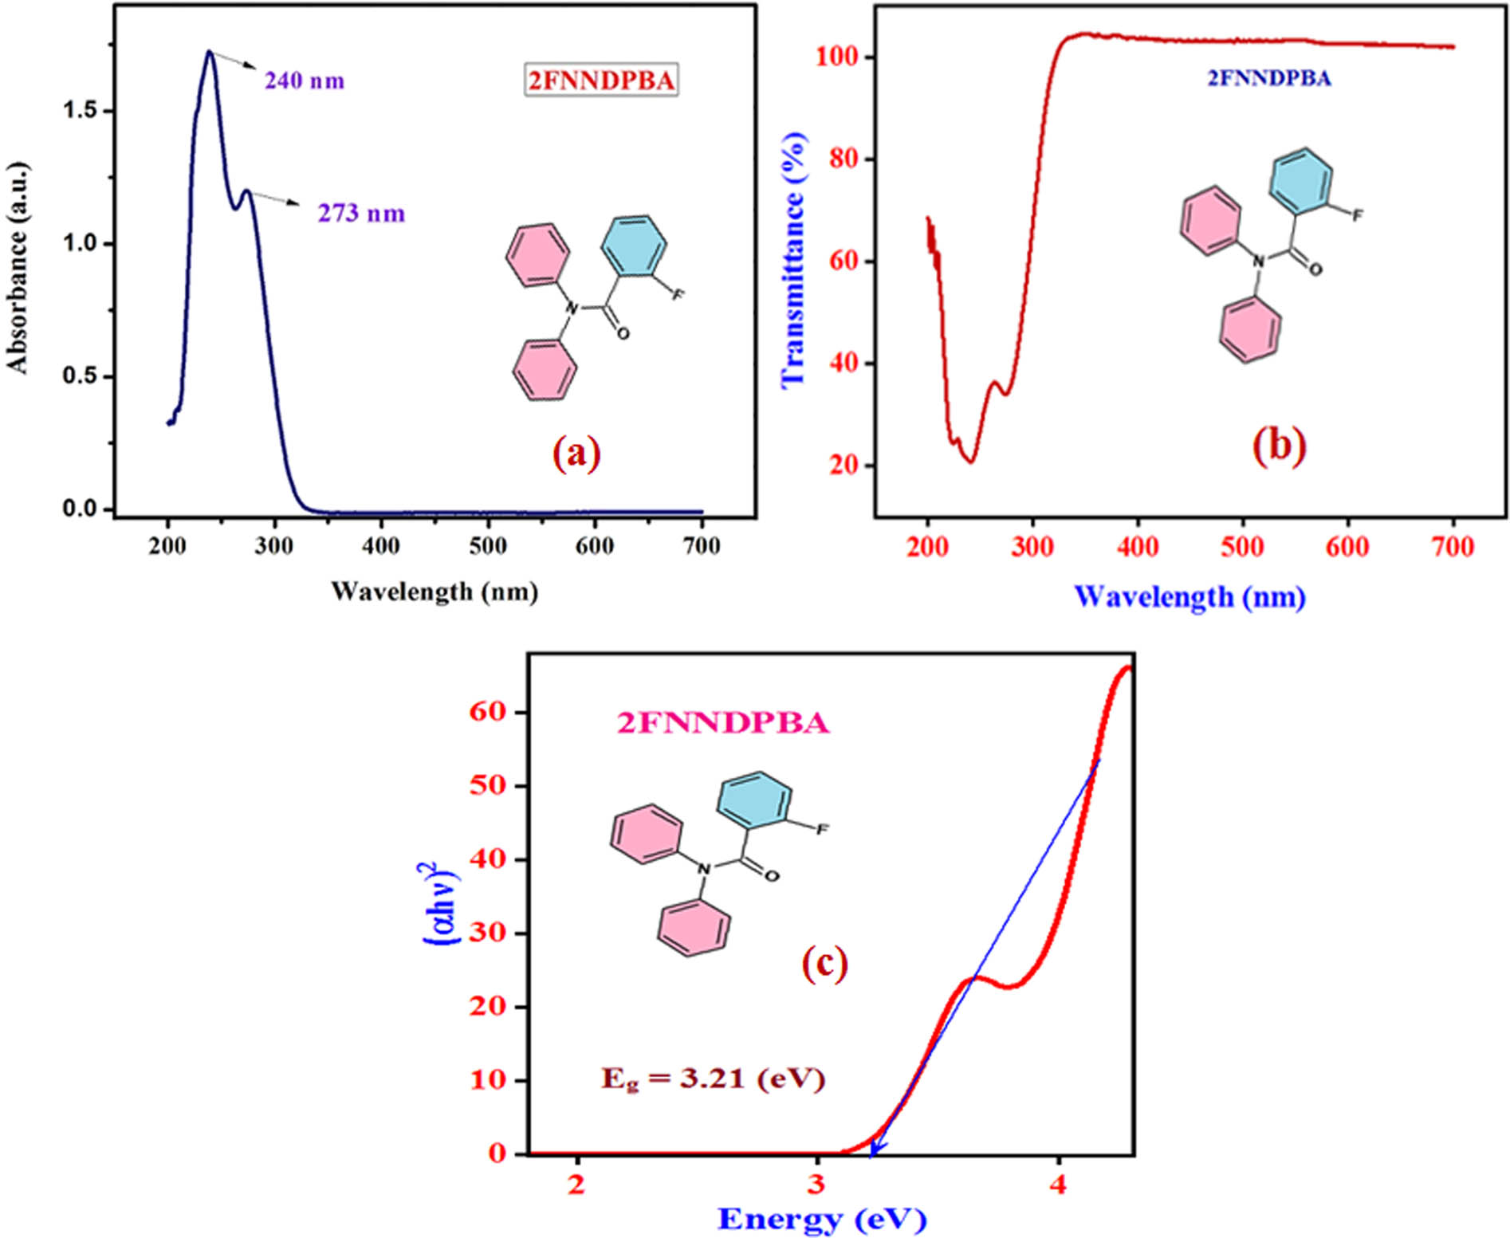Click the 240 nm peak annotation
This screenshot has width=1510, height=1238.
[305, 81]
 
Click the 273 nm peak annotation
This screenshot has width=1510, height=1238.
[361, 213]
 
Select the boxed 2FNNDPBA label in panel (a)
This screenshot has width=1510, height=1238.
[601, 80]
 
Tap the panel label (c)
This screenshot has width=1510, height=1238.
[824, 964]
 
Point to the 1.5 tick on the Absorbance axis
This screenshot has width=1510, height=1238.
[79, 110]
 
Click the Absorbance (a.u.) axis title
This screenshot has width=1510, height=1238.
[18, 268]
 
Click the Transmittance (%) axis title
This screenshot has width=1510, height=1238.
[794, 260]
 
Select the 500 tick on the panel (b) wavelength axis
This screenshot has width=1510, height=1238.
[1242, 547]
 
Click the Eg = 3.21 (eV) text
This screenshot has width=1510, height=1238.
[713, 1079]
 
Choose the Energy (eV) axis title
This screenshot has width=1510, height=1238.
[821, 1218]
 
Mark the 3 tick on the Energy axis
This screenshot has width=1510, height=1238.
[816, 1184]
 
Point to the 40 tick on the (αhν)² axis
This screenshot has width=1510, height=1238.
[488, 859]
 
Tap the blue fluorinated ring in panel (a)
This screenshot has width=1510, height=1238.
[634, 246]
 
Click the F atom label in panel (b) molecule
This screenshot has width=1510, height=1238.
[1357, 215]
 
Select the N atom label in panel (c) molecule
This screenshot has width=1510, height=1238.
[703, 868]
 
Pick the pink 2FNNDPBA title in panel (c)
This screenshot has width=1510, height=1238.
[723, 723]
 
